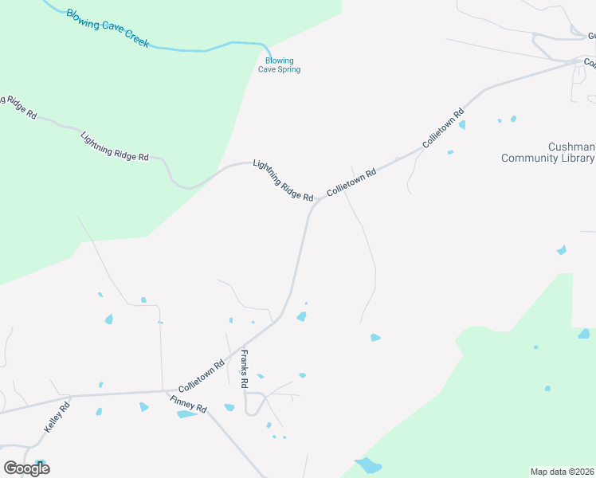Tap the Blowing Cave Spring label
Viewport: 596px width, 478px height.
coord(279,65)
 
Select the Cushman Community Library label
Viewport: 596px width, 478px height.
coord(548,152)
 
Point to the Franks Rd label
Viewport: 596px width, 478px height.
coord(245,370)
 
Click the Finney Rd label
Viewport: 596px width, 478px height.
coord(189,404)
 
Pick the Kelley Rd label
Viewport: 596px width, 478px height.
coord(58,417)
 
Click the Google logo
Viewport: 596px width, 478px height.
coord(26,468)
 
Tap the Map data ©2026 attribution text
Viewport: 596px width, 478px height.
coord(562,471)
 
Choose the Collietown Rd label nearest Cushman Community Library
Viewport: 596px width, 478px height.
coord(444,128)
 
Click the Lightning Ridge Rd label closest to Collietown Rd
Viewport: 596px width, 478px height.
coord(283,180)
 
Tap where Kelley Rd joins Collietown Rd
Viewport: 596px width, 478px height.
coord(72,395)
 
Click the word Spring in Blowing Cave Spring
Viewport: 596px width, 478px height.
coord(288,69)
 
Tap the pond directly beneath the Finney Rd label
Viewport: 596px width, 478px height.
coord(186,414)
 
